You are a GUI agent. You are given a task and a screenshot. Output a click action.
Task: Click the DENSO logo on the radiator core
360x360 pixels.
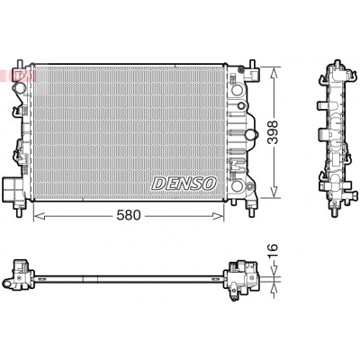(x=184, y=183)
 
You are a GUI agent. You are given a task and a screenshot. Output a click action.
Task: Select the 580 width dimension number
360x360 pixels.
(x=129, y=215)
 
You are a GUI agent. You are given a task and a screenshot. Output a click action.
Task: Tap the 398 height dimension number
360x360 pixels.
(x=273, y=132)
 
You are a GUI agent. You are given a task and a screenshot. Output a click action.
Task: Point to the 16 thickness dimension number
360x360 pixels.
(x=273, y=251)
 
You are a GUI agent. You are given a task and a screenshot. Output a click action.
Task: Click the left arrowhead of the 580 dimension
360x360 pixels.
(x=39, y=216)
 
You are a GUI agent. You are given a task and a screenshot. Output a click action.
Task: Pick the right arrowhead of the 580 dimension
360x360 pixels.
(x=218, y=216)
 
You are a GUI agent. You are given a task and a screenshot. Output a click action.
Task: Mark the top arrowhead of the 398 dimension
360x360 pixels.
(x=274, y=73)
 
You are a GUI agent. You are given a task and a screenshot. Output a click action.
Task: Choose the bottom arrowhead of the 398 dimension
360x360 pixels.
(x=274, y=192)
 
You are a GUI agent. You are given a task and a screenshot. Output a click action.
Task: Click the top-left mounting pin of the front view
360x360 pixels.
(x=20, y=65)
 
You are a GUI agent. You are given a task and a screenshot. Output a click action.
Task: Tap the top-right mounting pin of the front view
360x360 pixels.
(x=252, y=65)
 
